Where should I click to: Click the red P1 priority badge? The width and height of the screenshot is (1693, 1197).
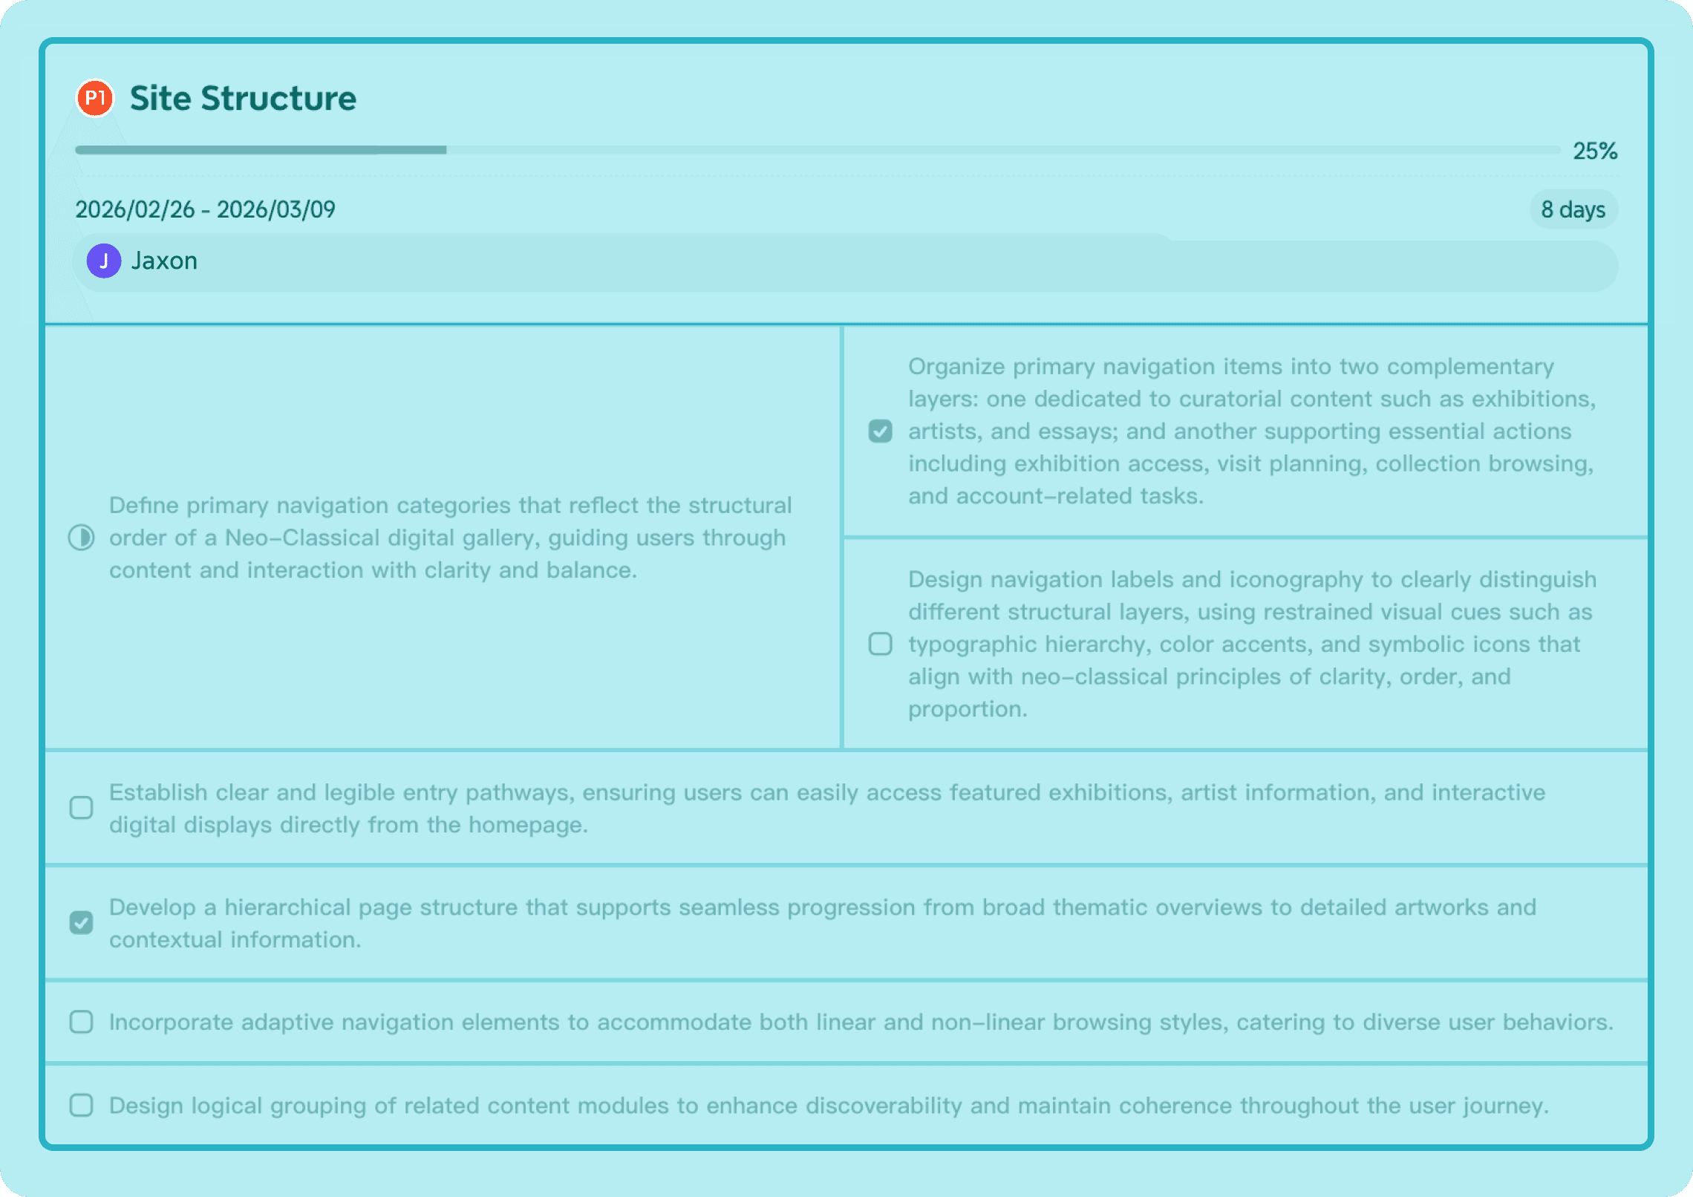95,98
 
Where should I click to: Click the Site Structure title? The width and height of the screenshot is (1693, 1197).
243,98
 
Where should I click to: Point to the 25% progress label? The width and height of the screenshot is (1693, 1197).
1594,151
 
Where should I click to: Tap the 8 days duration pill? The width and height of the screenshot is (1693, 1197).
1573,209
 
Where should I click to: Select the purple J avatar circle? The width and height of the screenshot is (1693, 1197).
104,261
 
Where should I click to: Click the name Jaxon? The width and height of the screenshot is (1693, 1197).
164,261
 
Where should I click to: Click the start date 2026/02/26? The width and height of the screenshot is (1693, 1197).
135,209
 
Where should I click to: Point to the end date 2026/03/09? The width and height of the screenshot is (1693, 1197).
276,209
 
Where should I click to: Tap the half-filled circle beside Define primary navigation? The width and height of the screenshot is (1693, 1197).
81,537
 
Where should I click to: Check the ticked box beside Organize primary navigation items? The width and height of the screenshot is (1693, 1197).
880,431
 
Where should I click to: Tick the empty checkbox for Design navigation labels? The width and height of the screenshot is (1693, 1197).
880,644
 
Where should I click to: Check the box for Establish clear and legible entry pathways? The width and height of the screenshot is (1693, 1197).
81,807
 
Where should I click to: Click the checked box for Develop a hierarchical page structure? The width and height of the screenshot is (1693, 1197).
81,922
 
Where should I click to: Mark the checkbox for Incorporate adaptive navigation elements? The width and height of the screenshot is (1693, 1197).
81,1022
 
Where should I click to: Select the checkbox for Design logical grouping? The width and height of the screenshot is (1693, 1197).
81,1105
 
